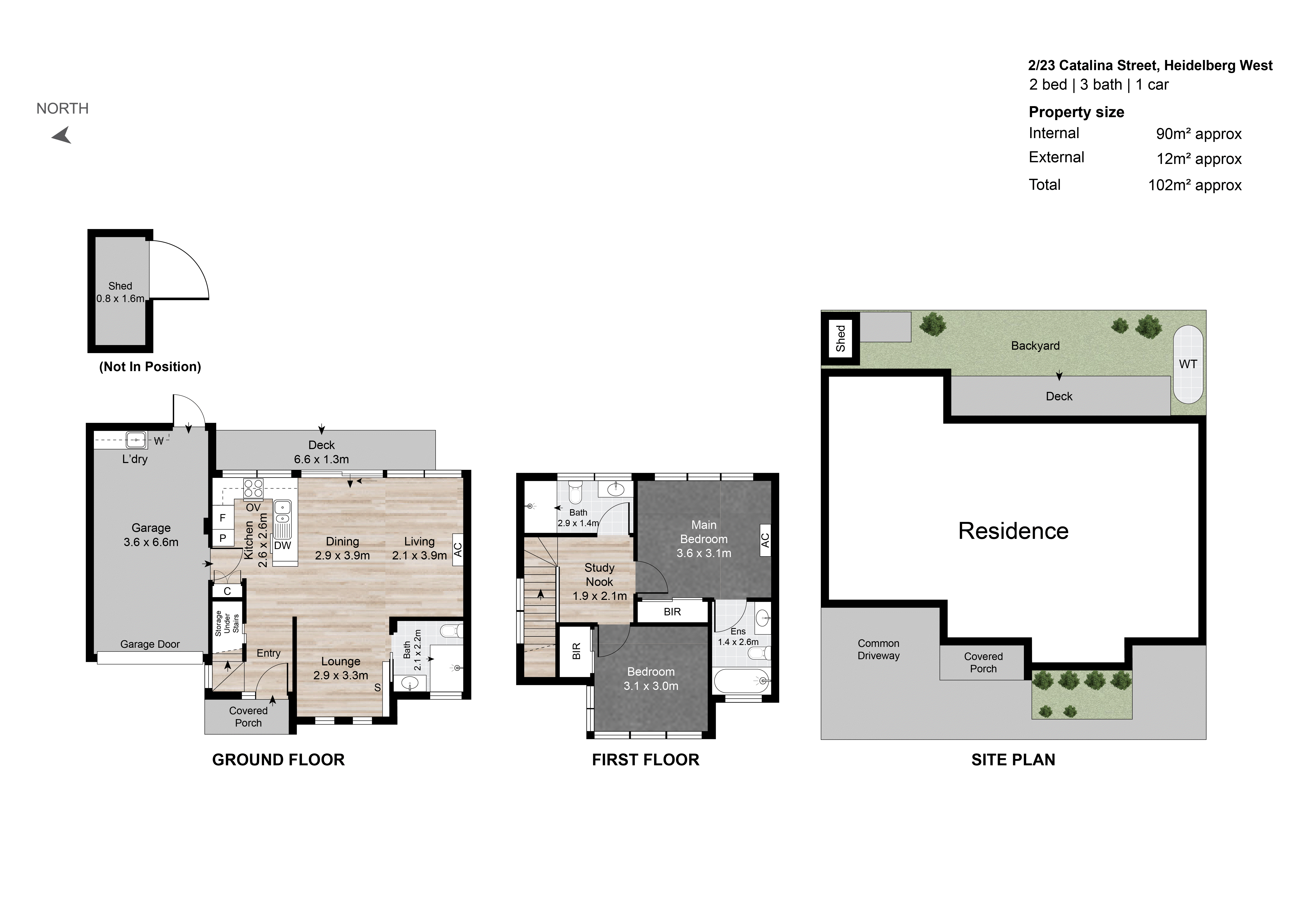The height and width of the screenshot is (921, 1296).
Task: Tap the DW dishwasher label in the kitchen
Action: [282, 546]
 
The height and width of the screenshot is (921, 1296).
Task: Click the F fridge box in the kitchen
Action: [223, 518]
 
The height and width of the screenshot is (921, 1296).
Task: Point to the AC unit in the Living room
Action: [458, 549]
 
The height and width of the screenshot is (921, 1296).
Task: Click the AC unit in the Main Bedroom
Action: [765, 541]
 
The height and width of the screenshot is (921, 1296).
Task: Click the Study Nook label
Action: [599, 574]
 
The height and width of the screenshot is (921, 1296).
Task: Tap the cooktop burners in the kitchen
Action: [253, 488]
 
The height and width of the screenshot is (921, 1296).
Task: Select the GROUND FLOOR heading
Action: [278, 760]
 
